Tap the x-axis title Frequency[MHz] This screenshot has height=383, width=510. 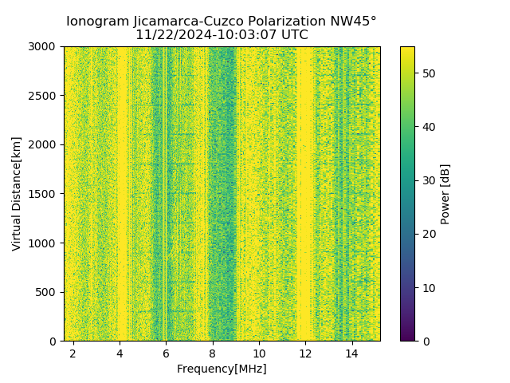(222, 369)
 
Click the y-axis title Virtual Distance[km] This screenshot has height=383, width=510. (17, 194)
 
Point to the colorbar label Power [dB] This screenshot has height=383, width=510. (445, 194)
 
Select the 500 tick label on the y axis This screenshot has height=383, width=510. (47, 292)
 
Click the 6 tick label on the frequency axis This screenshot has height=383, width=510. (166, 353)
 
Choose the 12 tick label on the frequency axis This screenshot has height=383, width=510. (305, 353)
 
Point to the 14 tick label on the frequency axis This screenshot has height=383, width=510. (351, 353)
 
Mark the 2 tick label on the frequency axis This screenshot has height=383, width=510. (73, 353)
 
